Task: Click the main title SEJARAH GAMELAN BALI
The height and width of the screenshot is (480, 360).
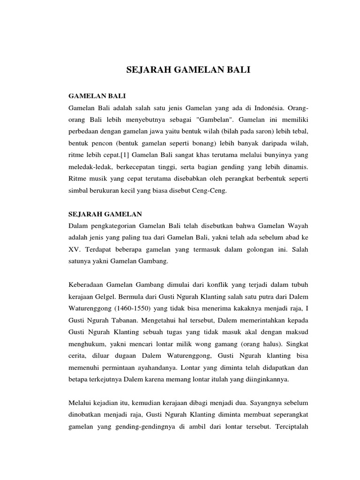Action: pyautogui.click(x=189, y=71)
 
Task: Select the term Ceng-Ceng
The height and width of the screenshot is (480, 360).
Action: pyautogui.click(x=211, y=192)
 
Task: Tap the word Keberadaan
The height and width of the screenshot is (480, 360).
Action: pyautogui.click(x=90, y=285)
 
